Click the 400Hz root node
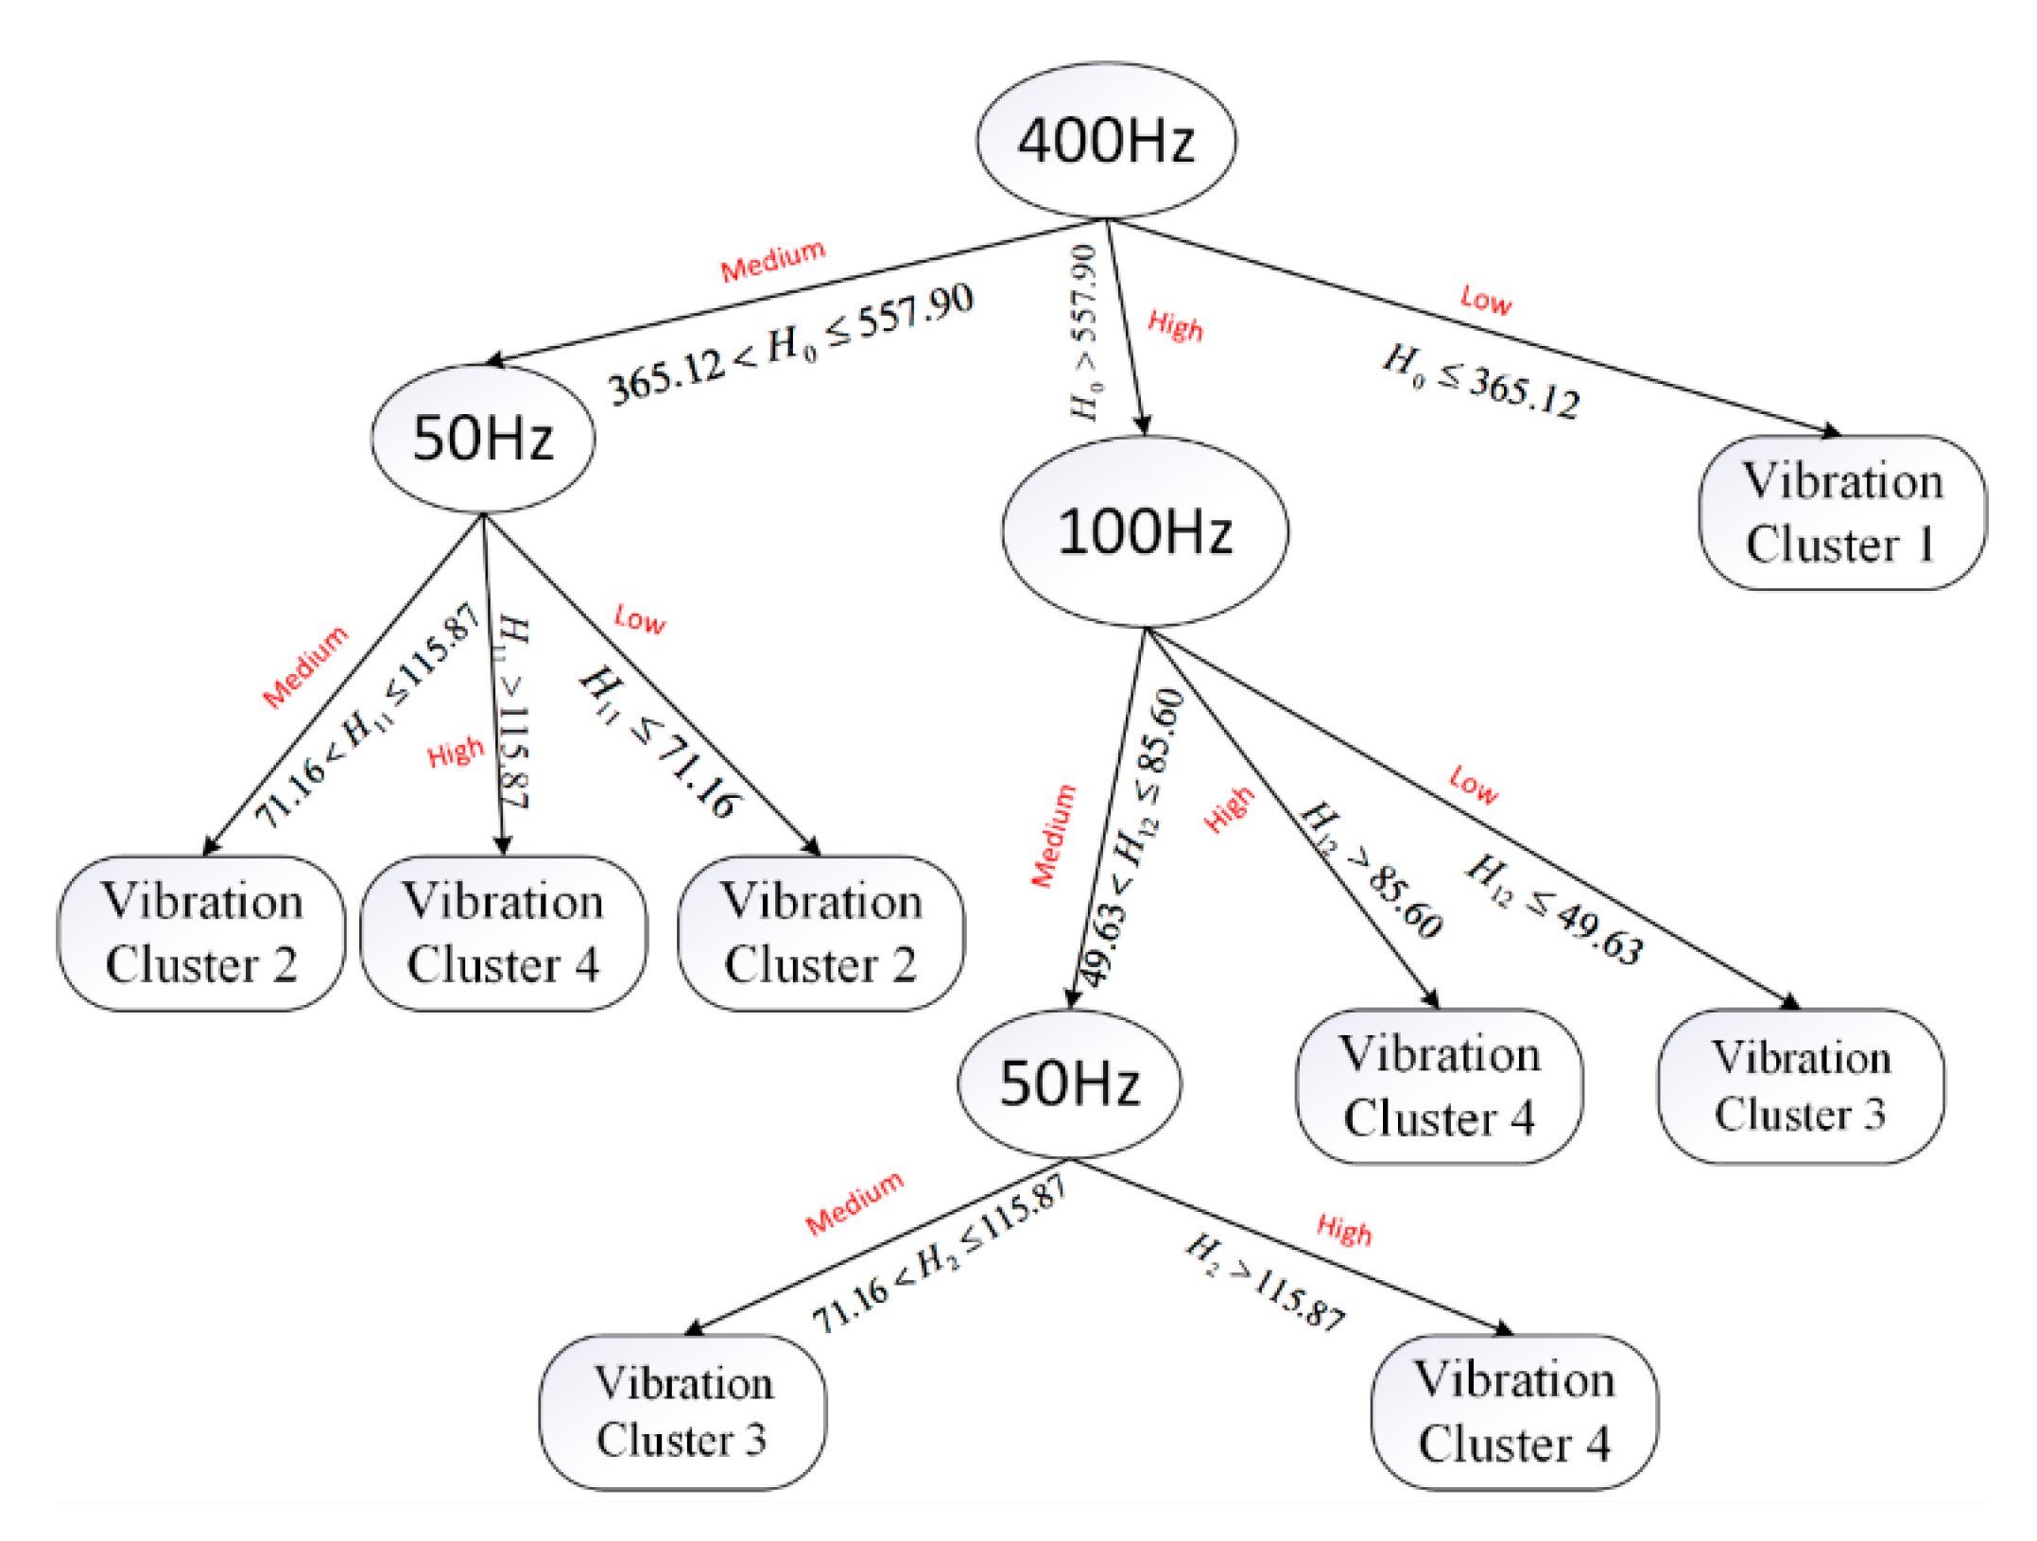point(1106,140)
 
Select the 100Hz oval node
point(1145,531)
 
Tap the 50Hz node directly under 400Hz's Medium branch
point(482,439)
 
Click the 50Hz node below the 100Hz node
point(1069,1083)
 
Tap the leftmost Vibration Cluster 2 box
point(201,933)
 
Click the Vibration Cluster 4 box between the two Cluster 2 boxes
point(503,933)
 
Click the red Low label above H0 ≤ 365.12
point(1485,300)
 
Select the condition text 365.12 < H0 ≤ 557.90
point(790,344)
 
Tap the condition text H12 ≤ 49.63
point(1555,909)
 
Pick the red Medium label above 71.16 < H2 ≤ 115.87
point(854,1203)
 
